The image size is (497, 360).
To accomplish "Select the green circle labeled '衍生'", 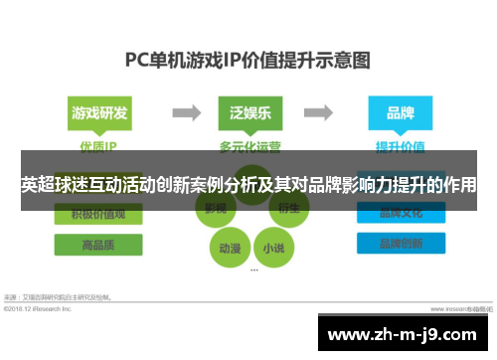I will click(x=286, y=210).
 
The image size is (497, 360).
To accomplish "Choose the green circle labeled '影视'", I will click(x=217, y=210).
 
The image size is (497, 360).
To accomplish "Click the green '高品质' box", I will click(x=98, y=245).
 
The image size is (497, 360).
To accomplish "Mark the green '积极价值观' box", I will click(x=98, y=214).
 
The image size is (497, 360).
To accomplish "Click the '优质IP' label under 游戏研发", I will click(x=97, y=145).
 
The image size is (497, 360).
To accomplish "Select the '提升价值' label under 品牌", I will click(x=400, y=145).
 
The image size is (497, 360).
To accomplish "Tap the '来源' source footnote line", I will click(x=60, y=296).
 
